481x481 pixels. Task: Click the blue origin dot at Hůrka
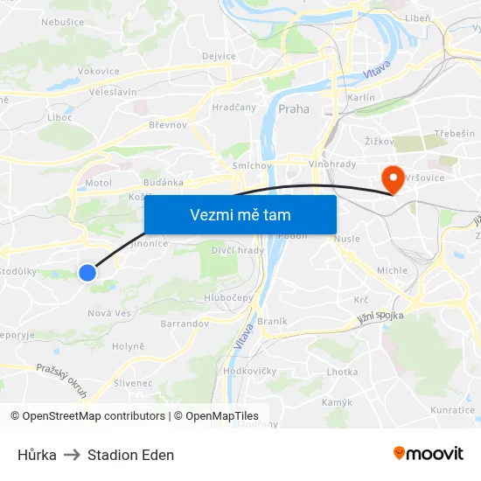[x=87, y=273]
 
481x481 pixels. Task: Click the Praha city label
[x=293, y=109]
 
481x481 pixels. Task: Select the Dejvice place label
[x=219, y=56]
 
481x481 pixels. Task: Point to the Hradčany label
[x=234, y=108]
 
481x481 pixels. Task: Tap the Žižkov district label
[x=380, y=140]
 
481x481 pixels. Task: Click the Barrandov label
[x=185, y=324]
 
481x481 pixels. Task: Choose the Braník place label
[x=273, y=321]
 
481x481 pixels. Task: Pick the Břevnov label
[x=168, y=125]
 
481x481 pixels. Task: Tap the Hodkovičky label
[x=250, y=371]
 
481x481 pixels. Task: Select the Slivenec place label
[x=133, y=383]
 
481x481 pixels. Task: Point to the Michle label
[x=392, y=271]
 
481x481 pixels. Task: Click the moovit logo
[x=428, y=454]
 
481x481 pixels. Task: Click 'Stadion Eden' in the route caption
[x=130, y=455]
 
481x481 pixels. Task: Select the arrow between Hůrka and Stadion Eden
[x=72, y=455]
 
